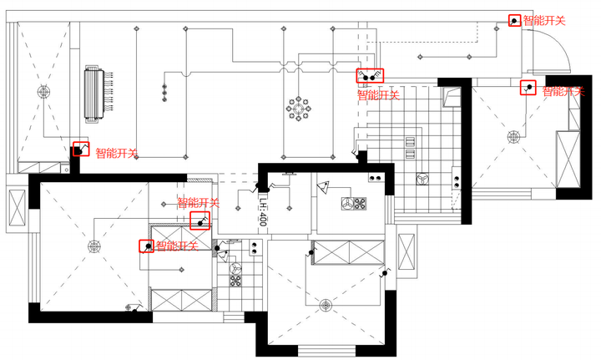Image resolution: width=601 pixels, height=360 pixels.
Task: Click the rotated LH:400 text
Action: click(x=263, y=210)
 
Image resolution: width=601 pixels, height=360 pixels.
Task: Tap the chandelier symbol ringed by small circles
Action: click(x=298, y=109)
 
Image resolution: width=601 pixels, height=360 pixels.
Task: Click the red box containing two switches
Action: click(x=370, y=76)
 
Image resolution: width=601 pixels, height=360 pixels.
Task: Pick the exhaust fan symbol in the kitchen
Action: click(x=422, y=179)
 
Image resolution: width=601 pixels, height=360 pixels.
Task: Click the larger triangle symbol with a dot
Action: click(x=323, y=187)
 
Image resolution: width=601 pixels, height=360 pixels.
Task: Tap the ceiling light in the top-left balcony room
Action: click(x=43, y=92)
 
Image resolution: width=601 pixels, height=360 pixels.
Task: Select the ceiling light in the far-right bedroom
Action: click(x=513, y=136)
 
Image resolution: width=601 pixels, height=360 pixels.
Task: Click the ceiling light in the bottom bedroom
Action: click(x=326, y=305)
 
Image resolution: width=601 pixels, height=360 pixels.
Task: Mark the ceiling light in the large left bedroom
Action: click(x=93, y=246)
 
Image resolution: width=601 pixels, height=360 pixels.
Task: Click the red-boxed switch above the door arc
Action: click(x=514, y=20)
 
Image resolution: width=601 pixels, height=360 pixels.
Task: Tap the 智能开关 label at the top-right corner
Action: click(x=544, y=21)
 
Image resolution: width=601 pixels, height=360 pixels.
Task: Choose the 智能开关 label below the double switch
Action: click(x=378, y=95)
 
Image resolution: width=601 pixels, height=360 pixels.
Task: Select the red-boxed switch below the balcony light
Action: click(x=81, y=149)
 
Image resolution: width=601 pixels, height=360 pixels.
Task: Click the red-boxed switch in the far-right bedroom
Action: click(x=528, y=88)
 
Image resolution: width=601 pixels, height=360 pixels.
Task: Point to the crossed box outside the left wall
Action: click(x=17, y=207)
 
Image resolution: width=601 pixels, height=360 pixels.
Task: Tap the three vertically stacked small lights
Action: click(x=164, y=94)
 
